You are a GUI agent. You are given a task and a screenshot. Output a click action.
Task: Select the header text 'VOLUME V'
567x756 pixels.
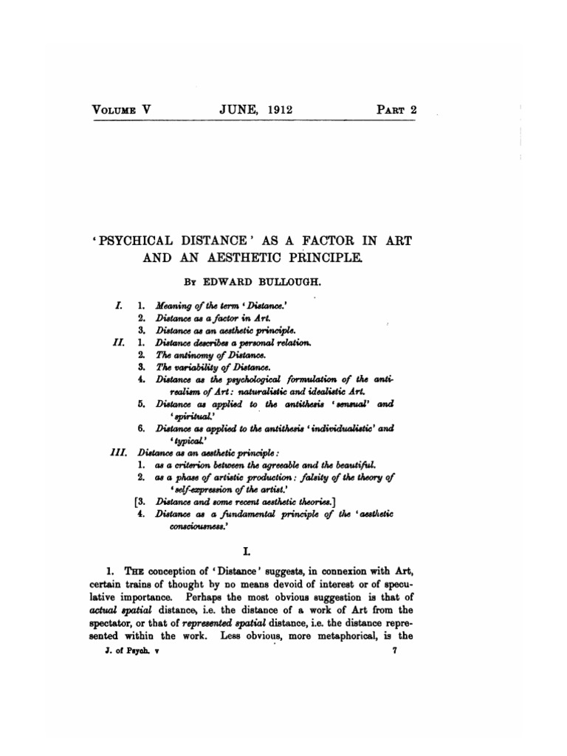click(121, 110)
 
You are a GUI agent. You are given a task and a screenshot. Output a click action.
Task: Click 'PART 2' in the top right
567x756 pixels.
click(398, 110)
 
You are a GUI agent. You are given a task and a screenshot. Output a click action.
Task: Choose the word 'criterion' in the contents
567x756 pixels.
click(193, 464)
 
